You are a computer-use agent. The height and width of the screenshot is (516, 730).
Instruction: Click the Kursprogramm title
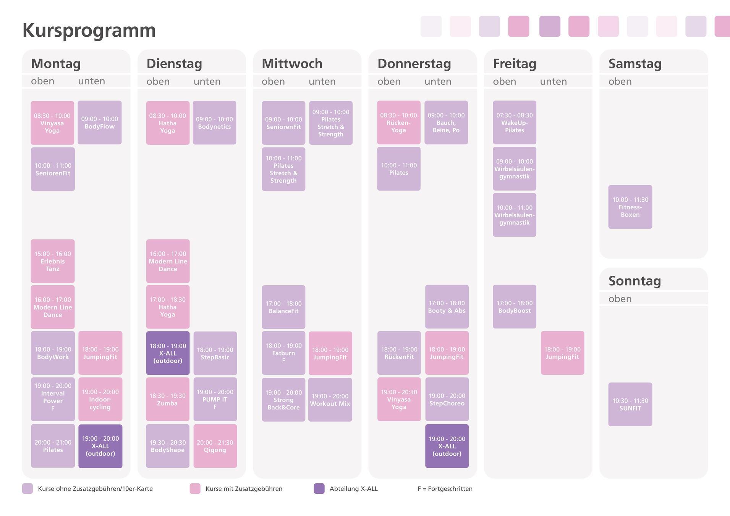(x=89, y=31)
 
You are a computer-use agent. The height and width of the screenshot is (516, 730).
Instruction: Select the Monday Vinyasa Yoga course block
(x=52, y=123)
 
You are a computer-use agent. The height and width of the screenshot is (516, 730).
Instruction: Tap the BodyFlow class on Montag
(x=100, y=123)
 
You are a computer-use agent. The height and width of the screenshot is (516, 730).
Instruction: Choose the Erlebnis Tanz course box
(x=53, y=261)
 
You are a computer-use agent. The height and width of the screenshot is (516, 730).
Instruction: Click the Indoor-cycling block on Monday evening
(x=100, y=400)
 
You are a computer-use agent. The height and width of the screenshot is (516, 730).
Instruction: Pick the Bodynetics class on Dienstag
(x=214, y=123)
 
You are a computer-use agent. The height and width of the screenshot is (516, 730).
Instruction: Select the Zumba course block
(x=168, y=400)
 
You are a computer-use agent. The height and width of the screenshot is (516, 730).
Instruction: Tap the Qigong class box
(x=215, y=446)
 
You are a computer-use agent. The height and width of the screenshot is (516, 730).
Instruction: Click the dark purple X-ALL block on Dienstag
(x=168, y=353)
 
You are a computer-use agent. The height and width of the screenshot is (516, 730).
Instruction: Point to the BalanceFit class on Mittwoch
(x=283, y=307)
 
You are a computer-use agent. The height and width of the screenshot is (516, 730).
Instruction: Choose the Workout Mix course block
(x=330, y=400)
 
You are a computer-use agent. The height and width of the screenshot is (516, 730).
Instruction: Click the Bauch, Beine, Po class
(x=446, y=123)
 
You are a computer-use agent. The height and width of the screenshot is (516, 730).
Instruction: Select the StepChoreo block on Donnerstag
(x=447, y=400)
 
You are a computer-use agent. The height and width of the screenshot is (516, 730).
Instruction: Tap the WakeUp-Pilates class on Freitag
(x=515, y=123)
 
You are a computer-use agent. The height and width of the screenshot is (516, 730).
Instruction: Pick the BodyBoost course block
(x=515, y=307)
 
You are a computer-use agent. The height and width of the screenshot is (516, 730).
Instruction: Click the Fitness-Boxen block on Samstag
(x=630, y=207)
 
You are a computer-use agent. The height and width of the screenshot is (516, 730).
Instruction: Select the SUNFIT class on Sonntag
(x=630, y=404)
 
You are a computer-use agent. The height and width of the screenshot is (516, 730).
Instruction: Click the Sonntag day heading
(x=635, y=281)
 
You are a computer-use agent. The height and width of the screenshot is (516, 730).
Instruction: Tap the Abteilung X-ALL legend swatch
(x=319, y=489)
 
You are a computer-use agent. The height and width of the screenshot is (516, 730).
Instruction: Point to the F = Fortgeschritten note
(x=445, y=489)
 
